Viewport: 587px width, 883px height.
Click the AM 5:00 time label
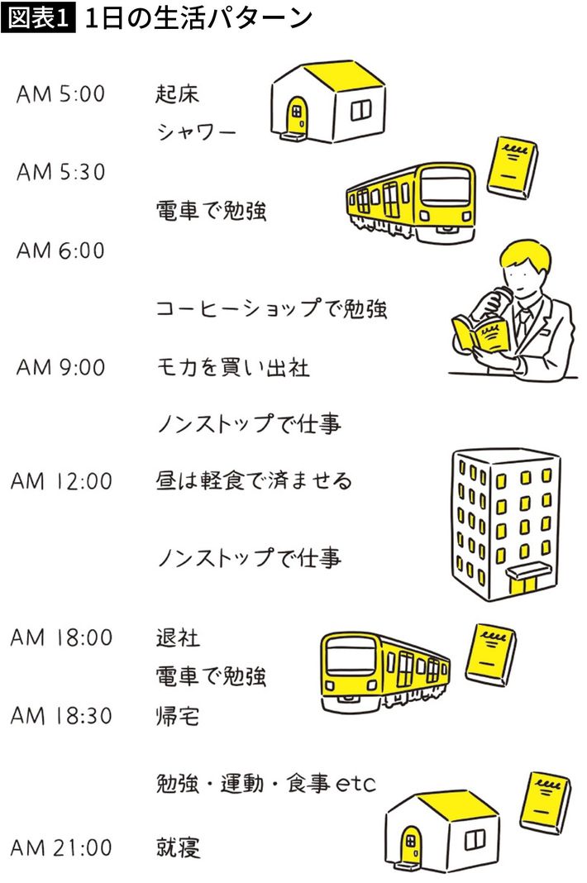(61, 93)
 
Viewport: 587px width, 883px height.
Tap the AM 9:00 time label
(61, 366)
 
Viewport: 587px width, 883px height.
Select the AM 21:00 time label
(61, 847)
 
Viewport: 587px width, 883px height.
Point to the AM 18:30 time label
(61, 715)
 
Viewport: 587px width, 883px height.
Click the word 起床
(178, 93)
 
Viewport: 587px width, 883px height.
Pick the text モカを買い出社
(232, 366)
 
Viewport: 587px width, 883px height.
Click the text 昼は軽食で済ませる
(253, 480)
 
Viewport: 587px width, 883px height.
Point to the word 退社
(178, 637)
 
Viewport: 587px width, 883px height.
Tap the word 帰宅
(178, 715)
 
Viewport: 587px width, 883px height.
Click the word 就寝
(178, 847)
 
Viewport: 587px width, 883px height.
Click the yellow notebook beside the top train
(510, 166)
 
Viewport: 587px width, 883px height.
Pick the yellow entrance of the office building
(523, 584)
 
